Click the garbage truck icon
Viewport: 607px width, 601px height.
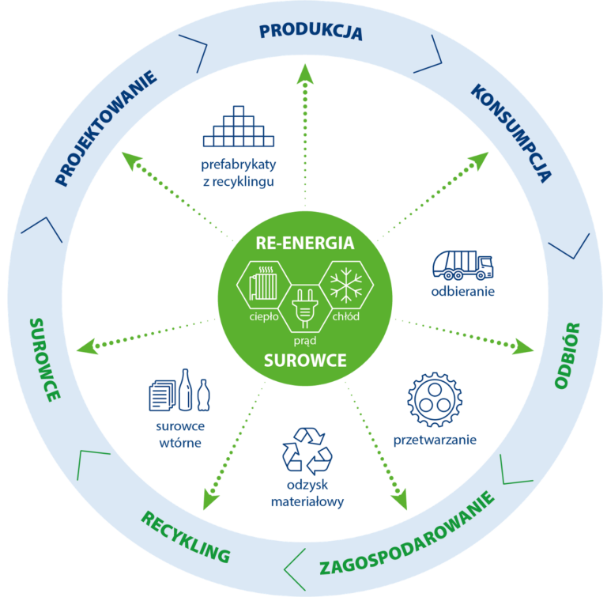(462, 265)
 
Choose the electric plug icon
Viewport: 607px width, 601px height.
(304, 309)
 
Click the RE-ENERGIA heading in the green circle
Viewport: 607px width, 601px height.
(304, 243)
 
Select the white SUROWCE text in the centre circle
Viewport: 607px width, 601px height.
(305, 361)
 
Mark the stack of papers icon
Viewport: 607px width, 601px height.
(161, 395)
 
